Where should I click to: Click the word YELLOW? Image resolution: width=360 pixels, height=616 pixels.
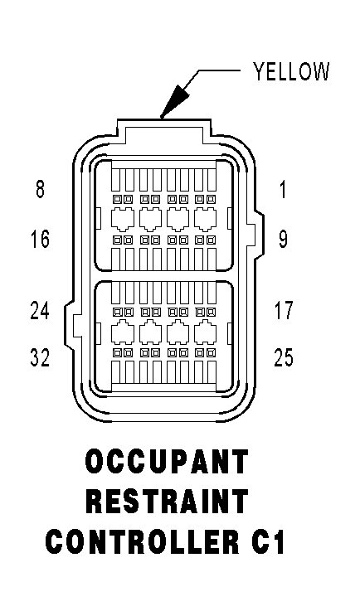tap(290, 71)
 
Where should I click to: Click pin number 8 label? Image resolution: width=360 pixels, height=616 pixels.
tap(40, 188)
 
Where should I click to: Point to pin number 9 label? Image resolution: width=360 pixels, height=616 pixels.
tap(283, 239)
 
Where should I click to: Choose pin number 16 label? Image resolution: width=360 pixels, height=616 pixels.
tap(40, 239)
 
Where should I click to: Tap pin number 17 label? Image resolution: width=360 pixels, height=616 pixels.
tap(284, 310)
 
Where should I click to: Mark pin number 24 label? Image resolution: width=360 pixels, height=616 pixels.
tap(40, 310)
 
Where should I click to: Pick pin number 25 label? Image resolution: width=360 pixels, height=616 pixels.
tap(284, 357)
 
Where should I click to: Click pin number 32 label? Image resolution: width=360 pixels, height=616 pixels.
tap(40, 357)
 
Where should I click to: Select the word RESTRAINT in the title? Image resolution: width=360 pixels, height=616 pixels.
tap(167, 502)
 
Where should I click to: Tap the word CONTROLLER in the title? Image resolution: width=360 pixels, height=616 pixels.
tap(141, 541)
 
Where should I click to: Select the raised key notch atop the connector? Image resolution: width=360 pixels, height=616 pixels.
tap(163, 129)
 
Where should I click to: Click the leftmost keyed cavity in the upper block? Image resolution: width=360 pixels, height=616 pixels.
tap(123, 218)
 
